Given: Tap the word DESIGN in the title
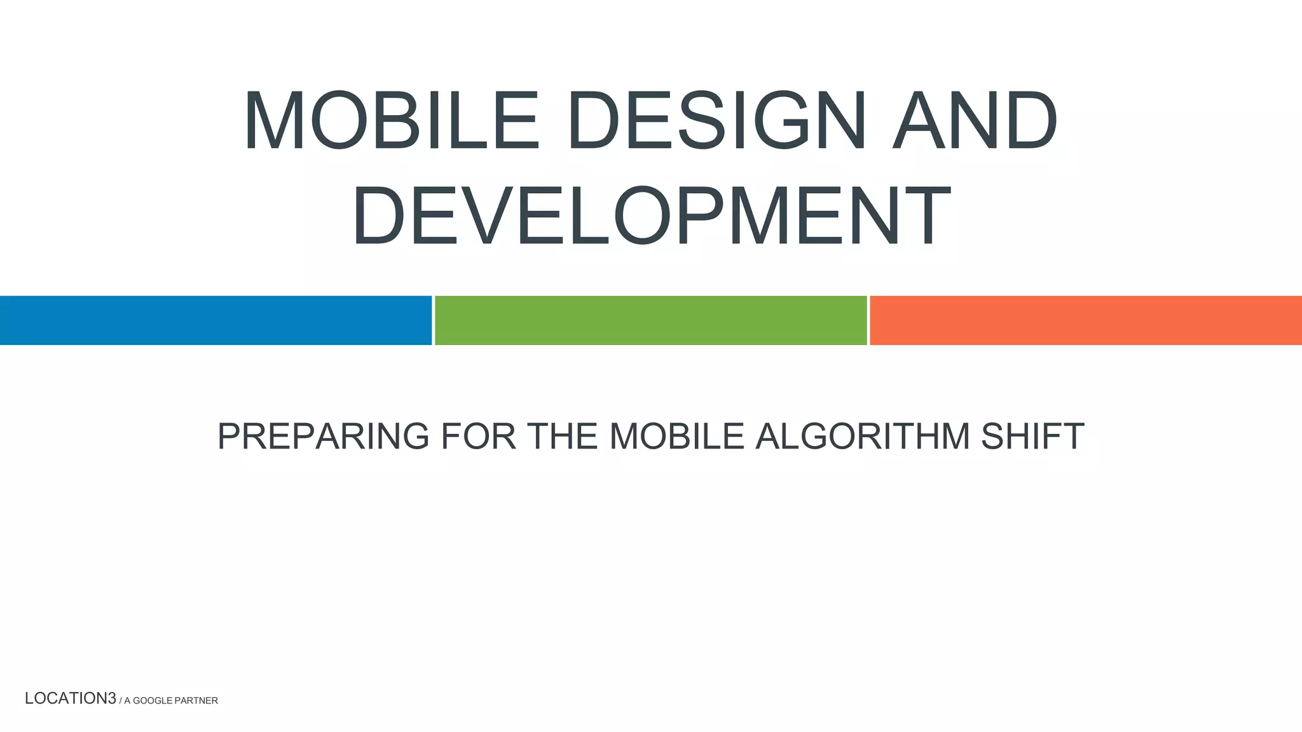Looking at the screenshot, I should pos(716,121).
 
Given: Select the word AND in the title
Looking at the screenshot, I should pos(975,121).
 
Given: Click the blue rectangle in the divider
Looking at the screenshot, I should pos(216,320).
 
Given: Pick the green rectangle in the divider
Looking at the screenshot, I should pos(650,320).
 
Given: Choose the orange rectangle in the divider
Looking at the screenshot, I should pos(1085,320).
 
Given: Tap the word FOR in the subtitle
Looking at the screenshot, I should pos(478,436).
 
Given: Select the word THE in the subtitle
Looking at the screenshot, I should pos(563,436).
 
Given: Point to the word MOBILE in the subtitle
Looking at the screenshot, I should pos(676,436).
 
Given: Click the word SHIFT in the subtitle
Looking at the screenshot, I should pos(1032,436).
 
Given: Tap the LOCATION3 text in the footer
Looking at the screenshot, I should pos(70,698).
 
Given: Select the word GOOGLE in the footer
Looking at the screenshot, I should pos(152,701).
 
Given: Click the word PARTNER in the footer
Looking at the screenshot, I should pos(196,701).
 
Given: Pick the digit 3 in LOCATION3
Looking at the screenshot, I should pos(112,698).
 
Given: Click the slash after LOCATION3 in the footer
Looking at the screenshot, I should pos(121,700).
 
